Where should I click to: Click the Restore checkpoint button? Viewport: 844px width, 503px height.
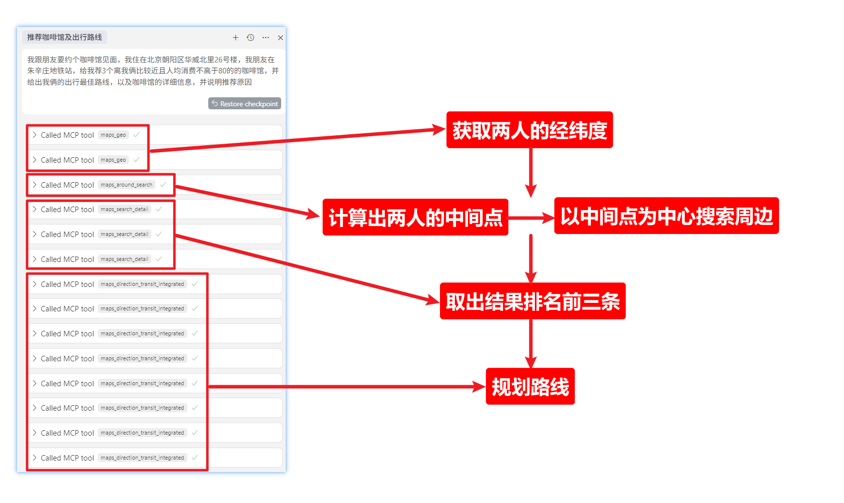click(245, 104)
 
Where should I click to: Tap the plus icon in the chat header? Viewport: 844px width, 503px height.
click(236, 37)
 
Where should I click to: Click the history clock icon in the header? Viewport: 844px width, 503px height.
click(251, 37)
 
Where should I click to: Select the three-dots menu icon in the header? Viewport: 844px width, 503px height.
click(266, 37)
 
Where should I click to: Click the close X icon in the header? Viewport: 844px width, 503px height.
click(281, 37)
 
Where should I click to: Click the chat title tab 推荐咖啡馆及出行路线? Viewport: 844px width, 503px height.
click(64, 37)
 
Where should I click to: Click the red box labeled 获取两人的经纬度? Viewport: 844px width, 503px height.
click(529, 130)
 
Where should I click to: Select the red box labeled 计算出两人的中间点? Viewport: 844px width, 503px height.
click(416, 218)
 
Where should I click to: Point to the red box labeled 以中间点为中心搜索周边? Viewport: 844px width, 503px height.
click(666, 216)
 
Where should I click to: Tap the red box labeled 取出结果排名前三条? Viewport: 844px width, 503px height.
click(532, 301)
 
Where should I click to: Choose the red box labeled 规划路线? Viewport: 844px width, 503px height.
click(530, 387)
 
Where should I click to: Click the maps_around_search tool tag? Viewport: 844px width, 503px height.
click(126, 185)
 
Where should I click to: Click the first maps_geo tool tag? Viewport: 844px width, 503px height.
click(113, 135)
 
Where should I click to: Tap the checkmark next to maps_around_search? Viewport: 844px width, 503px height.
click(163, 185)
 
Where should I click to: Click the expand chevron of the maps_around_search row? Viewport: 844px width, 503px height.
click(34, 185)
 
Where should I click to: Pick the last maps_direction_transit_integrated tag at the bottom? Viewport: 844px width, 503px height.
click(142, 458)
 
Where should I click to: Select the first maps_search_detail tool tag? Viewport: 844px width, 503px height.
click(124, 210)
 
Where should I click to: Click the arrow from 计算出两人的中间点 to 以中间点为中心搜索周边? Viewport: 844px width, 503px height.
click(531, 218)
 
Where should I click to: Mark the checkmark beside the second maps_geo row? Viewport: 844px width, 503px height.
click(136, 160)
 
